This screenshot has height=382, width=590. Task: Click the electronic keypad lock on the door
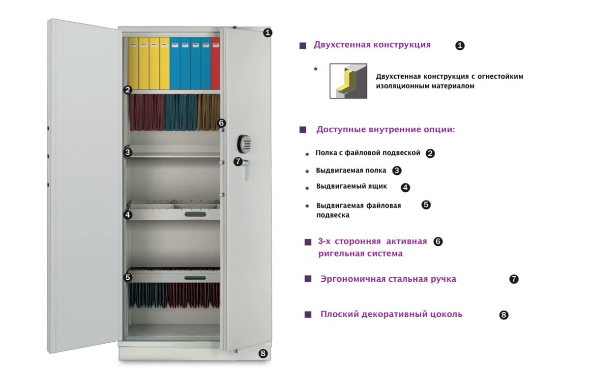click(244, 144)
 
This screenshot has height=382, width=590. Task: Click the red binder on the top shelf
click(215, 63)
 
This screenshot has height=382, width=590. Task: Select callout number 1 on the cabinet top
click(267, 32)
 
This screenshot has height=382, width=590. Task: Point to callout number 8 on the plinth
click(263, 353)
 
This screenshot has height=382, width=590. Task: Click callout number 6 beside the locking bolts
click(221, 123)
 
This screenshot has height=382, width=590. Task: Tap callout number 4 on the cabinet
click(128, 215)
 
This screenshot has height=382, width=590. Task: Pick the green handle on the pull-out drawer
click(195, 214)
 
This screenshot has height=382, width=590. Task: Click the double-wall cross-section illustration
click(348, 81)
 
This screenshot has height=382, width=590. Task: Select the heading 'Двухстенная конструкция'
click(372, 45)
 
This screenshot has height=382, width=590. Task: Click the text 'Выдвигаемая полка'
click(351, 171)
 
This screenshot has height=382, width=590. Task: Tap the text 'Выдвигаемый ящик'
click(352, 186)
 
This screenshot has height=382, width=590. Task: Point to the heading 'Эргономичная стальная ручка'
click(388, 279)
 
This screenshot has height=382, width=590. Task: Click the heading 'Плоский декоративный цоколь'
click(391, 314)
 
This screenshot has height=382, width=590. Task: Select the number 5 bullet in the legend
click(426, 205)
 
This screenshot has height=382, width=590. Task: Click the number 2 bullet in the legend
click(430, 153)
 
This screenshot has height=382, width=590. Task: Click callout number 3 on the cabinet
click(128, 152)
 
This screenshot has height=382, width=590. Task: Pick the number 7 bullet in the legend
click(514, 279)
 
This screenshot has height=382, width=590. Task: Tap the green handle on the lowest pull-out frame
click(195, 278)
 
